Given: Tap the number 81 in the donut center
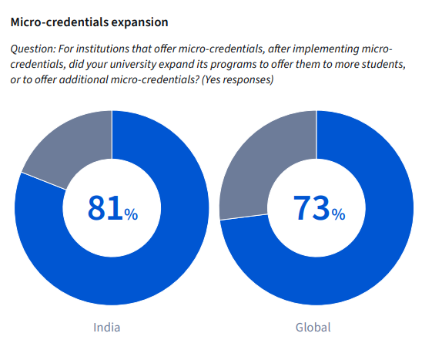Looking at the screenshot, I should pyautogui.click(x=105, y=207).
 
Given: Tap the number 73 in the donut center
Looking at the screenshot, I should pyautogui.click(x=311, y=207).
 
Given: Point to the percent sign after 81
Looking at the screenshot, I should pyautogui.click(x=132, y=214).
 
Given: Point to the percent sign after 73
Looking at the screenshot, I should pyautogui.click(x=338, y=214).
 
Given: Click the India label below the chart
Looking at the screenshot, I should pyautogui.click(x=106, y=327).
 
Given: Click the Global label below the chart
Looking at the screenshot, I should pyautogui.click(x=313, y=327).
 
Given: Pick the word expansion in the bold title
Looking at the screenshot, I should pyautogui.click(x=136, y=22).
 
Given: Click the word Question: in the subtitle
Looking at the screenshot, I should pyautogui.click(x=32, y=49).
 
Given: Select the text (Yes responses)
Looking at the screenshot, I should pyautogui.click(x=236, y=79).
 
